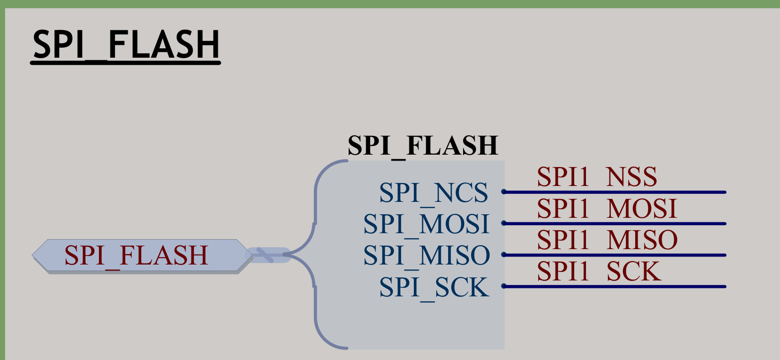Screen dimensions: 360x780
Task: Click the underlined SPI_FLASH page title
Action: (126, 45)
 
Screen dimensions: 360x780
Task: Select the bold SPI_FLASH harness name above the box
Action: (423, 146)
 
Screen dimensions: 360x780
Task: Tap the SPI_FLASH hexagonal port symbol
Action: (142, 255)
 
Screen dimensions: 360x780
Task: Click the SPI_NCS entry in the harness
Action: (433, 192)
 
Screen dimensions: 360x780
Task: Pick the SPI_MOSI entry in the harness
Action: (426, 224)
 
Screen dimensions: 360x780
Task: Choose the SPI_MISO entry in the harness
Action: (426, 256)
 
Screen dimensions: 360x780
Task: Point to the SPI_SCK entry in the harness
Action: (434, 287)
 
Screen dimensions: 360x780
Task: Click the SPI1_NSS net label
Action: (597, 177)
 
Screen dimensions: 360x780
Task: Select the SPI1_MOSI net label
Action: (607, 208)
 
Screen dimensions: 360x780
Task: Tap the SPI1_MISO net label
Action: (607, 240)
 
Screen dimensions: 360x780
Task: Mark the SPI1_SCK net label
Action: (599, 271)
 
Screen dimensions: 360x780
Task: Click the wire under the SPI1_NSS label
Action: (617, 192)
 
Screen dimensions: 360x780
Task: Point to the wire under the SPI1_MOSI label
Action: (617, 224)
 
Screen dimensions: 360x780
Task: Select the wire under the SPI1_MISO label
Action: (617, 255)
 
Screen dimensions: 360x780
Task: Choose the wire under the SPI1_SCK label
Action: (617, 286)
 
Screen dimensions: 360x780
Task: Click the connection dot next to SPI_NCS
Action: (504, 191)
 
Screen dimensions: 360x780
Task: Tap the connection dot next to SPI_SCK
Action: (504, 286)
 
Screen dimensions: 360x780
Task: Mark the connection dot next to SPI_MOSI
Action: (504, 223)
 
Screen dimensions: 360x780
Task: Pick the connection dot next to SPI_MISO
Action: (504, 255)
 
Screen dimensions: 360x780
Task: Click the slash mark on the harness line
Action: (265, 255)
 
